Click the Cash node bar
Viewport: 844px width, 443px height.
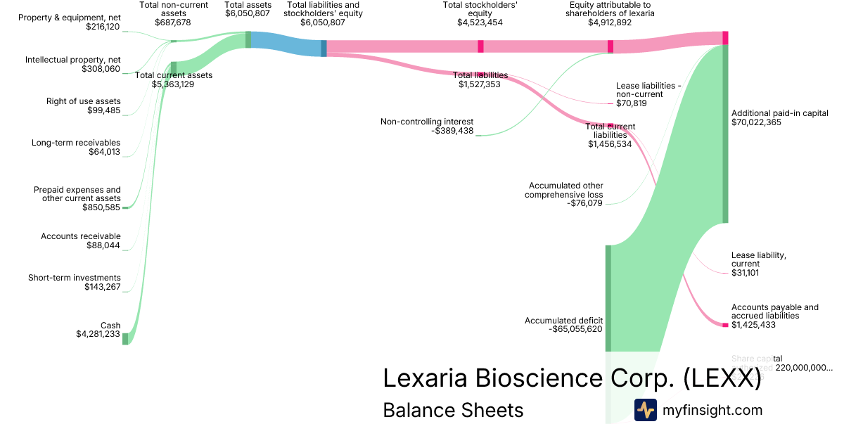[x=126, y=339]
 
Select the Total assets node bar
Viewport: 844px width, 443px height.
[x=248, y=39]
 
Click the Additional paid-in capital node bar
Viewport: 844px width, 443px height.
[x=725, y=134]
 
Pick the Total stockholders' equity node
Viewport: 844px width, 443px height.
[x=480, y=46]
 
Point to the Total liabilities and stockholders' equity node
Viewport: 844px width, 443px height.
[x=324, y=48]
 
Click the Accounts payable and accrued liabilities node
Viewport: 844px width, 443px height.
[x=725, y=324]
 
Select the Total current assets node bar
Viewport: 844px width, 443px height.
[x=174, y=67]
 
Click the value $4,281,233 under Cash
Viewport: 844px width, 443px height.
[x=98, y=335]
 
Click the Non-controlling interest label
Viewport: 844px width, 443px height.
[x=427, y=121]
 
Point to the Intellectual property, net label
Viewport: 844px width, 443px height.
[x=73, y=60]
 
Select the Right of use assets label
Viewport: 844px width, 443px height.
[x=84, y=101]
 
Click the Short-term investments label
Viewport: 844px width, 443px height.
[x=75, y=278]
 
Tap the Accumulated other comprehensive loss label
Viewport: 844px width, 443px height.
[x=563, y=190]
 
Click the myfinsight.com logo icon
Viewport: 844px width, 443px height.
[x=645, y=410]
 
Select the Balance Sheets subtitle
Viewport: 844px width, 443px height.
[x=453, y=410]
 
